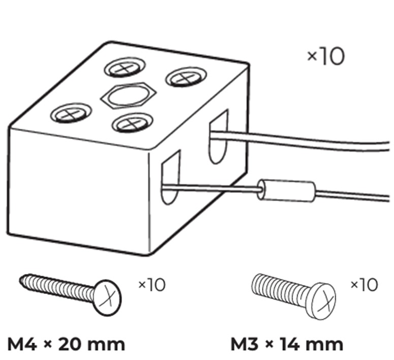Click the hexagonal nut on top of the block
(127, 95)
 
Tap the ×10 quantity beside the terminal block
(325, 57)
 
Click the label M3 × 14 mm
(287, 344)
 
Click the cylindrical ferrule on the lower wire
(287, 192)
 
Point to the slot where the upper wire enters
(219, 136)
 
